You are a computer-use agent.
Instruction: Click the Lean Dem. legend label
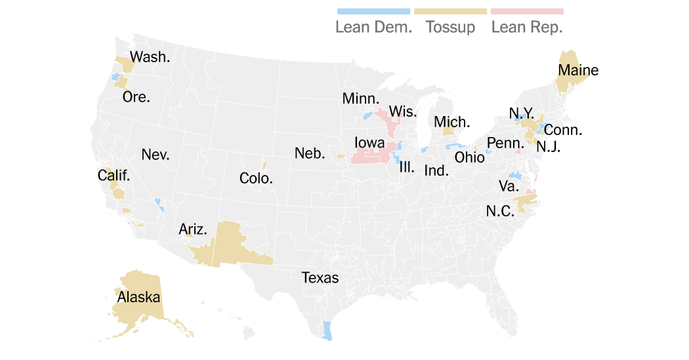[373, 28]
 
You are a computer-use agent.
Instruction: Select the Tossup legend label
[450, 28]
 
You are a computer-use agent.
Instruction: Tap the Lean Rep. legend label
[527, 28]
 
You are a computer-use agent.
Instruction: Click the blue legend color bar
[373, 11]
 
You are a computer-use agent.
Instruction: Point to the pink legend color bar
[527, 11]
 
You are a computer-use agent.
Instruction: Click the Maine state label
[578, 70]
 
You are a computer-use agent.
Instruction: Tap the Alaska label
[138, 297]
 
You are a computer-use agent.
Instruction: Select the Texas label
[320, 277]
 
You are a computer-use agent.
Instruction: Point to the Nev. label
[156, 155]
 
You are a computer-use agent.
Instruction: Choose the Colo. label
[256, 178]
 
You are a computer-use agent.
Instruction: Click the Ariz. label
[193, 230]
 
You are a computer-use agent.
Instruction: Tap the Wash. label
[150, 57]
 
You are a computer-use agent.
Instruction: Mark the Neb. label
[310, 153]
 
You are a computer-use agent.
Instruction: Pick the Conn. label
[563, 130]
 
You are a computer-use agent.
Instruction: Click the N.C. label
[500, 212]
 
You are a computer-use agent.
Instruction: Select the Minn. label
[361, 99]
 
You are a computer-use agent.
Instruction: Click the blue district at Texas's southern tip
[327, 330]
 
